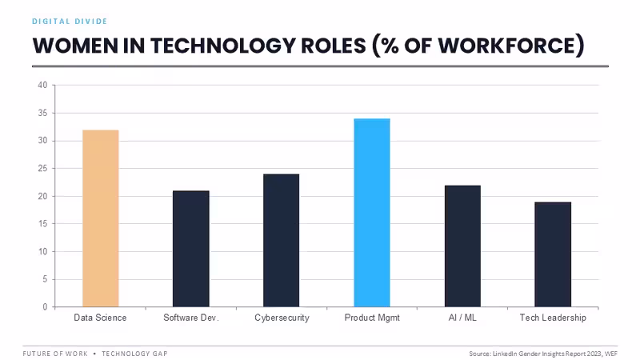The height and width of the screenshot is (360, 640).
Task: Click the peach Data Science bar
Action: tap(101, 218)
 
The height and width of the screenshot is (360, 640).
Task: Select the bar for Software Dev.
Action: tap(191, 249)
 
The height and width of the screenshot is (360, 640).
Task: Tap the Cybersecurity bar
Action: tap(282, 241)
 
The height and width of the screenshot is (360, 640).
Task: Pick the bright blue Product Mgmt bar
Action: tap(372, 213)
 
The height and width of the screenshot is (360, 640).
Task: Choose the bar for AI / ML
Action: tap(462, 246)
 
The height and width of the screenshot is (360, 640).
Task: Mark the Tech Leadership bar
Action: tap(553, 254)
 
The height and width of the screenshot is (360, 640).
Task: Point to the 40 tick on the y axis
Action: tap(42, 85)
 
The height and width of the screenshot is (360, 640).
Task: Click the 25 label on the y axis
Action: tap(42, 168)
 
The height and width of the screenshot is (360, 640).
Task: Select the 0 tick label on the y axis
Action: tap(45, 307)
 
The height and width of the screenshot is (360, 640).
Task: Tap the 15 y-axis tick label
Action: tap(42, 224)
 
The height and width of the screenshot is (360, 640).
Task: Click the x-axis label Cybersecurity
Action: tap(282, 318)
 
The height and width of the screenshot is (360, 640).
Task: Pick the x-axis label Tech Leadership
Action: tap(553, 318)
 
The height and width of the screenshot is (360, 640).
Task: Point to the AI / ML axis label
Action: tap(462, 318)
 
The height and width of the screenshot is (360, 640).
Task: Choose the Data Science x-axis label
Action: tap(100, 318)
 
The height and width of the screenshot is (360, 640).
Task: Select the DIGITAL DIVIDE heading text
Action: tap(70, 22)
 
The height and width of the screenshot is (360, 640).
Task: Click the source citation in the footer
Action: tap(543, 354)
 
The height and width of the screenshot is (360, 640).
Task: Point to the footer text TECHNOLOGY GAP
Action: tap(134, 354)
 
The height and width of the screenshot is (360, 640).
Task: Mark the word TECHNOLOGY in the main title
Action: tap(223, 46)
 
